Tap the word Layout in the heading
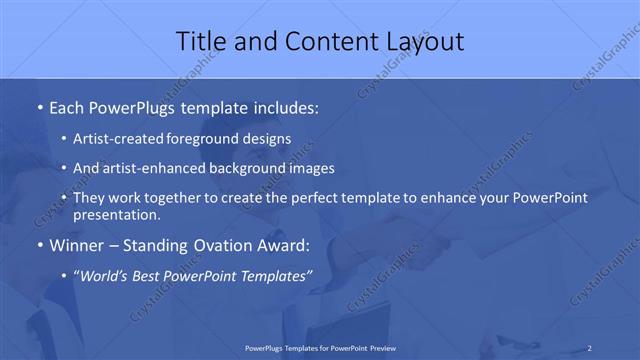click(420, 41)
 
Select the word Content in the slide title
click(324, 41)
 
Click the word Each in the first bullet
click(67, 105)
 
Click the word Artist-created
click(125, 140)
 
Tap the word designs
click(269, 140)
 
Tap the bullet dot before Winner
click(39, 245)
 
